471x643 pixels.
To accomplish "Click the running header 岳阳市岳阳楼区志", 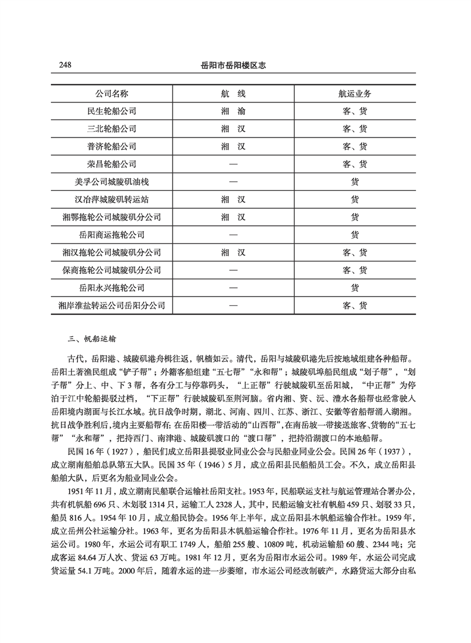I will click(x=234, y=66).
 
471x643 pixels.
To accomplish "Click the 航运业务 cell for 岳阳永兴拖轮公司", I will click(x=355, y=288).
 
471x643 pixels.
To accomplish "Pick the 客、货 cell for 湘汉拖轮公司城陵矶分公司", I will click(x=355, y=253).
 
